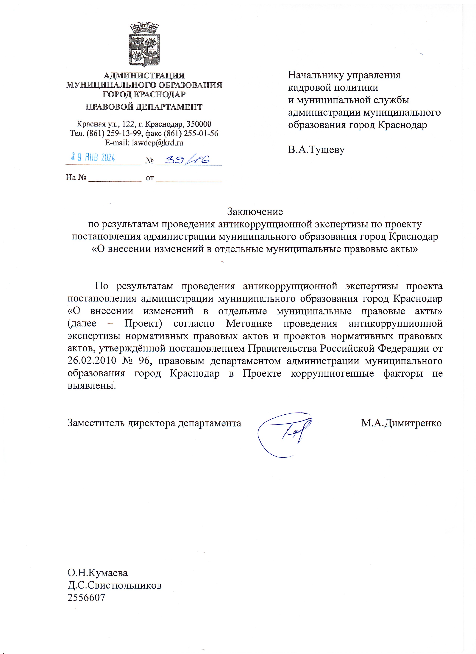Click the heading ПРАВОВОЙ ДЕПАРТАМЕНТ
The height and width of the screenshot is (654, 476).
(144, 107)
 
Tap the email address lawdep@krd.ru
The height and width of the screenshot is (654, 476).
(158, 142)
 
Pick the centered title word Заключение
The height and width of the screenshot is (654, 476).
(255, 212)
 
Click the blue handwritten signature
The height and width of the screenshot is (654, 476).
(284, 435)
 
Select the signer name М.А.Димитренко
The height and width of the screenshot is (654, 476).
(401, 423)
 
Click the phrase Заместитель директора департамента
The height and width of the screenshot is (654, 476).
(154, 423)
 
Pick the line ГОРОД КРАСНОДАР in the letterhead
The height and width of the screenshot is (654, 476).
(144, 94)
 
